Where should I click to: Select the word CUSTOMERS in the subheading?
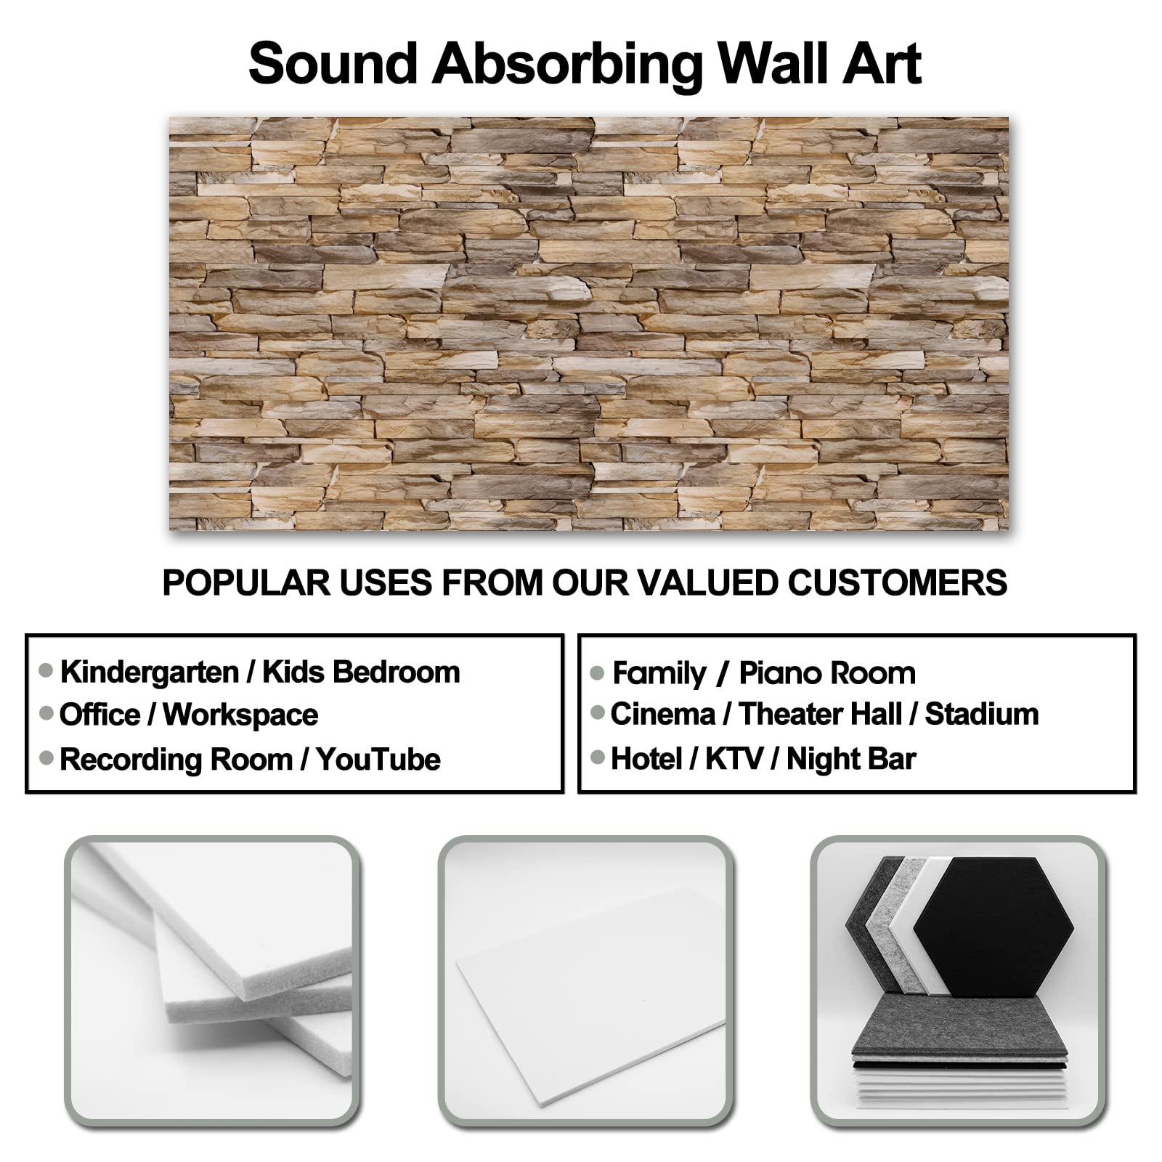pos(897,582)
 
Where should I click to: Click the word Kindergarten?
pos(150,673)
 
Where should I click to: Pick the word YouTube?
pos(378,760)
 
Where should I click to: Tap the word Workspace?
pos(240,715)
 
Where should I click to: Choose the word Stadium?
pos(982,714)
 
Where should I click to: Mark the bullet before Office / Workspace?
pos(46,714)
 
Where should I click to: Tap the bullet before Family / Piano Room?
pos(598,673)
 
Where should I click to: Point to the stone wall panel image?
pos(588,323)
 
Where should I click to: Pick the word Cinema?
pos(662,714)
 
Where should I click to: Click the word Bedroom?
pos(397,673)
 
